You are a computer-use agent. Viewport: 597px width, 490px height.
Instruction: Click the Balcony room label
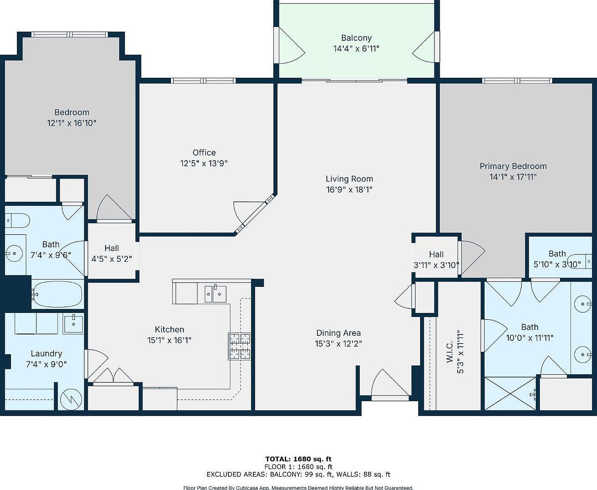pyautogui.click(x=356, y=38)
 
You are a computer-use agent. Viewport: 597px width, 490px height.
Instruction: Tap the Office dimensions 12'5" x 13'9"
pyautogui.click(x=204, y=163)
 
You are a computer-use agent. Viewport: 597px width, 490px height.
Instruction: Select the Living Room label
pyautogui.click(x=349, y=179)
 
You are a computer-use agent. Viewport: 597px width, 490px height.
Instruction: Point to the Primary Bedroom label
pyautogui.click(x=513, y=166)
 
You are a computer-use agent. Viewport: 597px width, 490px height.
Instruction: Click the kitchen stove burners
pyautogui.click(x=240, y=346)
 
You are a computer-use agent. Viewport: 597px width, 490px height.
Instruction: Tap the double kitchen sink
pyautogui.click(x=215, y=293)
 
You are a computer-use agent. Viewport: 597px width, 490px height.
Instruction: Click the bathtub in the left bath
pyautogui.click(x=58, y=294)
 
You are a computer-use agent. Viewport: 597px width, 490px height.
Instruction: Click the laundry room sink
pyautogui.click(x=73, y=323)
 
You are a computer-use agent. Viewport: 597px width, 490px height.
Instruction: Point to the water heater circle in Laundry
pyautogui.click(x=71, y=399)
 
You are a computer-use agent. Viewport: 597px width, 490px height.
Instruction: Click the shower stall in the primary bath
pyautogui.click(x=510, y=393)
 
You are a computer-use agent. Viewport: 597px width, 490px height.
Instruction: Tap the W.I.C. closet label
pyautogui.click(x=450, y=351)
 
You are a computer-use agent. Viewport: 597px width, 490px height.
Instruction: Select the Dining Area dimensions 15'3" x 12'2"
pyautogui.click(x=338, y=344)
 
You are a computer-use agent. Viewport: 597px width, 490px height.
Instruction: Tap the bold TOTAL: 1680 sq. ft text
pyautogui.click(x=298, y=459)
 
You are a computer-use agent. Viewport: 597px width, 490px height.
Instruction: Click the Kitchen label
pyautogui.click(x=169, y=329)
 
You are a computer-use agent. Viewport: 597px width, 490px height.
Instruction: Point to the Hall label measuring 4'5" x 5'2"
pyautogui.click(x=112, y=248)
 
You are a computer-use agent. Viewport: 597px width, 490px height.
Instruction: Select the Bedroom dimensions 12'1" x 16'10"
pyautogui.click(x=72, y=123)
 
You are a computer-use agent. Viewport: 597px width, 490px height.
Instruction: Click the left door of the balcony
pyautogui.click(x=289, y=46)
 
